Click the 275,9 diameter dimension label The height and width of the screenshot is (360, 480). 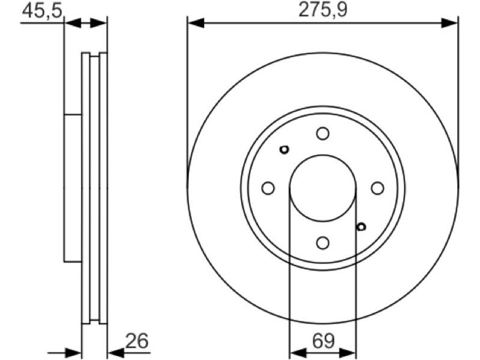point(323,10)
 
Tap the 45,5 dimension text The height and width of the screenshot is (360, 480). point(42,10)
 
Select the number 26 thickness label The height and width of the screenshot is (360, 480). point(137,341)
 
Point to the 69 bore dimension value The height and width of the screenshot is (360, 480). point(323,341)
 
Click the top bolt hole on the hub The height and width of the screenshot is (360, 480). point(323,133)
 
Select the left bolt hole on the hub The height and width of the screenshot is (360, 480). point(268,188)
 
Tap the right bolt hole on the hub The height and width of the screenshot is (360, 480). point(377,188)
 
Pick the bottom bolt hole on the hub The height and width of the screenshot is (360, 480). point(323,243)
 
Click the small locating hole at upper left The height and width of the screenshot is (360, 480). point(284,149)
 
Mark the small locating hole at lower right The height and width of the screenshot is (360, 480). point(362,227)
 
